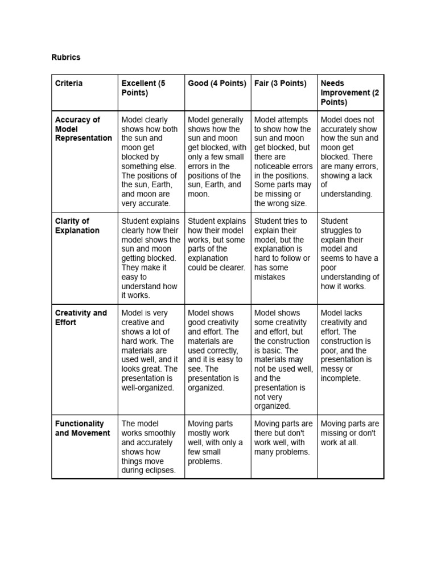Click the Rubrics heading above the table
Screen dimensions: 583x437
pos(67,58)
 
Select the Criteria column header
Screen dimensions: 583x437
pos(69,83)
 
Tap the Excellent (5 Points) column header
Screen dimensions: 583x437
pos(143,88)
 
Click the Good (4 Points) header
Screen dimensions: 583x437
pos(217,83)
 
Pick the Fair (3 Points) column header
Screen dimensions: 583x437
pos(280,83)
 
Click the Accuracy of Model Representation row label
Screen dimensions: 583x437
pos(83,129)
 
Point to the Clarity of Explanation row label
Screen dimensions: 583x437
pos(77,225)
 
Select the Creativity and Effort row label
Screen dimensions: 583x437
pos(81,317)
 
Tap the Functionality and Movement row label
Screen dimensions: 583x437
pos(83,428)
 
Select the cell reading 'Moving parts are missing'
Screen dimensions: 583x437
pos(349,433)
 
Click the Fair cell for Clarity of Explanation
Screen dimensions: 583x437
pos(282,249)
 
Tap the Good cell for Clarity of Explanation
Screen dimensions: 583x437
pos(216,244)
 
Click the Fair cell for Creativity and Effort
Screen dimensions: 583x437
pos(283,359)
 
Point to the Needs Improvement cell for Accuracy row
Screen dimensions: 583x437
pos(349,157)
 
